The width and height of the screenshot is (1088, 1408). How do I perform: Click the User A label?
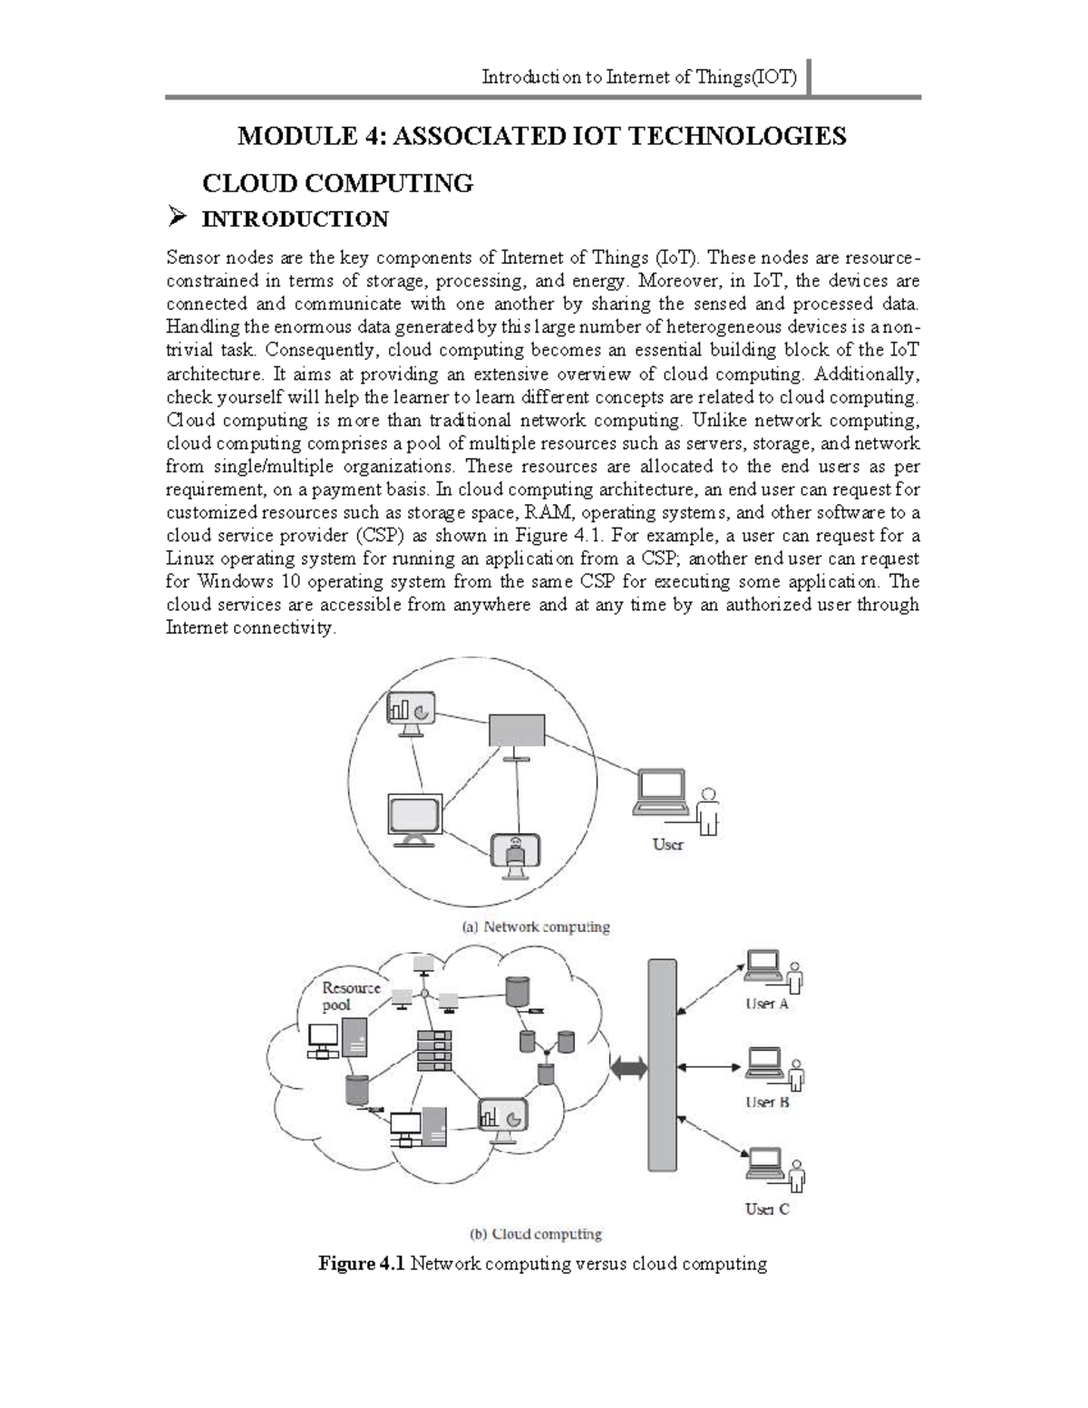coord(766,1004)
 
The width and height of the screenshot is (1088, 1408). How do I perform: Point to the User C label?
coord(767,1209)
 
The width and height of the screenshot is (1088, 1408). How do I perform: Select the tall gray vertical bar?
coord(662,1064)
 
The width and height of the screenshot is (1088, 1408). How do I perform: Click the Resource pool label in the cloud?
coord(351,995)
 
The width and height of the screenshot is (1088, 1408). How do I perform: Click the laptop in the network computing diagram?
coord(661,793)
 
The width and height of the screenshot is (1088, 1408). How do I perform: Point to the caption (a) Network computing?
coord(536,927)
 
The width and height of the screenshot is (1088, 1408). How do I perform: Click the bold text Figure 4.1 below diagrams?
coord(360,1264)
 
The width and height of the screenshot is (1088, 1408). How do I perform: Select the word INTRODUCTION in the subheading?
coord(295,219)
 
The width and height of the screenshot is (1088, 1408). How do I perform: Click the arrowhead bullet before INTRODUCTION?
coord(177,218)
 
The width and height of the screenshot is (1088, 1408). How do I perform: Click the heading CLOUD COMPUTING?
coord(337,184)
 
